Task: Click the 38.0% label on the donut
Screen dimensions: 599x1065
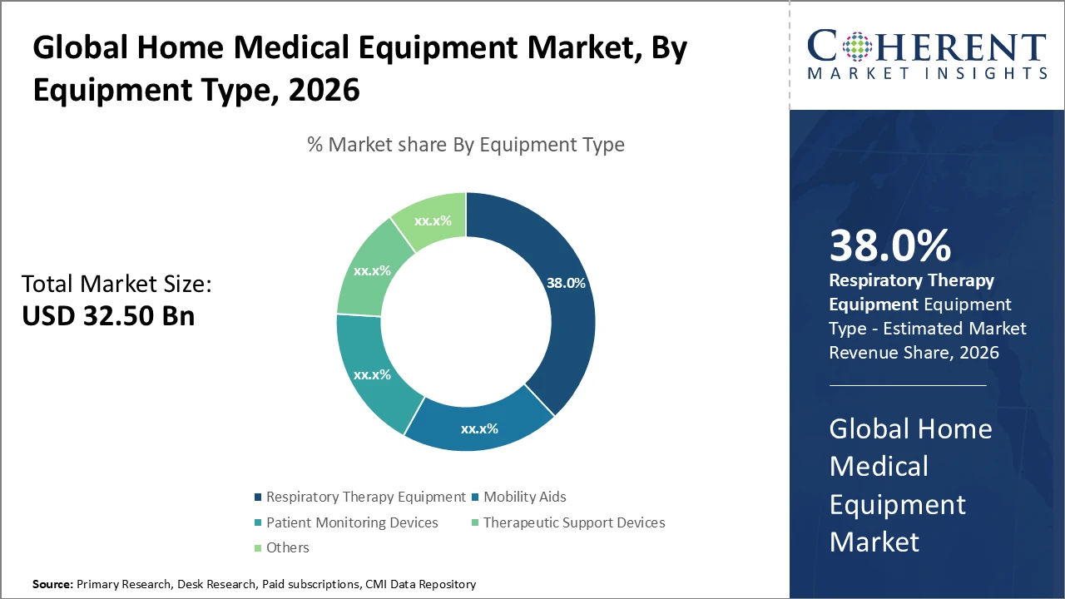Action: [566, 283]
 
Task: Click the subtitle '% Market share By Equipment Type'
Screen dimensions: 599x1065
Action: [466, 145]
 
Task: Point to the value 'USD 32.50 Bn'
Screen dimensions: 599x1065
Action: [108, 316]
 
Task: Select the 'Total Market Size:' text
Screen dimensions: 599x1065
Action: [116, 284]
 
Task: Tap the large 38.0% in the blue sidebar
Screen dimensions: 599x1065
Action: [889, 246]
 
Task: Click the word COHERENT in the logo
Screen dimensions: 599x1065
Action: [928, 47]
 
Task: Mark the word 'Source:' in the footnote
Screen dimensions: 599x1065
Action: [52, 585]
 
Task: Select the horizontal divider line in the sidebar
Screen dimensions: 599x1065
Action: [907, 385]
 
